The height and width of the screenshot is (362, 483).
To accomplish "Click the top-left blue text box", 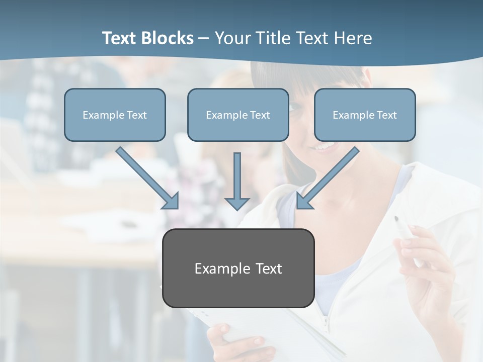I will [115, 115].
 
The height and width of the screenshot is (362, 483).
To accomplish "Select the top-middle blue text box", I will [238, 115].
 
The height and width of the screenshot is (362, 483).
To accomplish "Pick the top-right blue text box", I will [365, 115].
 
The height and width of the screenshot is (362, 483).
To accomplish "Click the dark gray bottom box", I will [238, 268].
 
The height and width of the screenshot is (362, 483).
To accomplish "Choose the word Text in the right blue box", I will [387, 115].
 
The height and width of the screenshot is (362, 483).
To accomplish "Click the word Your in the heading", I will [232, 38].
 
